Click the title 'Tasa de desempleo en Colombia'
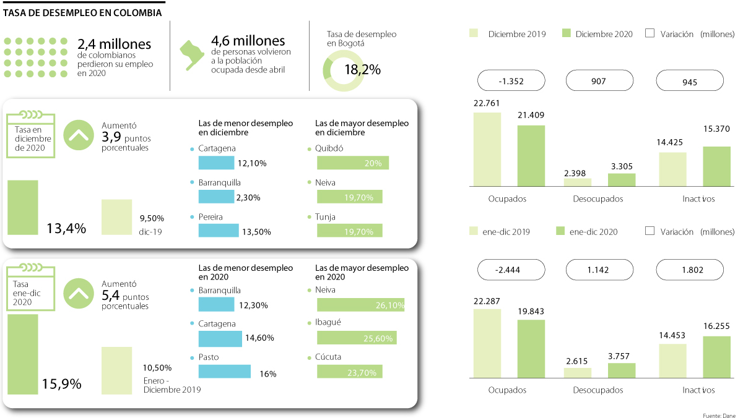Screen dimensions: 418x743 point(83,12)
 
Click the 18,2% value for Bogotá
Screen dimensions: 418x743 point(362,70)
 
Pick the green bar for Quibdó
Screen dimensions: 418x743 point(353,163)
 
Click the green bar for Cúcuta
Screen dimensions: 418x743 point(350,371)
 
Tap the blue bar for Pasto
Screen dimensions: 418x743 point(224,371)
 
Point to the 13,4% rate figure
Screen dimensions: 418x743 point(66,228)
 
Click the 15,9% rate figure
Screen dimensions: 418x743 point(61,384)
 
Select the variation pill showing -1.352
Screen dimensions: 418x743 point(511,80)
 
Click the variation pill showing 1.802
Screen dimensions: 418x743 point(690,270)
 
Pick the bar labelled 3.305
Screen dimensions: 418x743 point(622,179)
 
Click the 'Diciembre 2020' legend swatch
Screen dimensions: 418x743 point(567,34)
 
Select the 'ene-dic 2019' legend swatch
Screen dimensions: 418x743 point(474,231)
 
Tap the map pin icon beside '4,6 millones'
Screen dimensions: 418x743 point(193,54)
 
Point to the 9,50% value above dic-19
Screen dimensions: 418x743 point(151,218)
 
